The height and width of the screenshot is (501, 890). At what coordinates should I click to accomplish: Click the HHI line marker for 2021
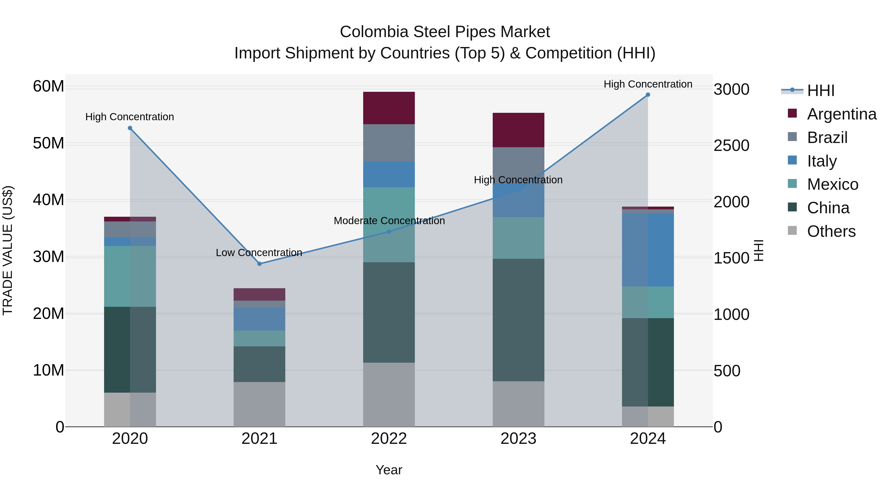[x=260, y=264]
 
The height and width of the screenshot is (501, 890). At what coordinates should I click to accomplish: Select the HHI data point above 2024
[x=648, y=95]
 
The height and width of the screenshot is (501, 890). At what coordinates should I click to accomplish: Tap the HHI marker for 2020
[x=130, y=128]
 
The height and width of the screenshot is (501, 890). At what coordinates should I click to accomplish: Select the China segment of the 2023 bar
[x=518, y=320]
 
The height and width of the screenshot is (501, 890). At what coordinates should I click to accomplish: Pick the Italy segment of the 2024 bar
[x=648, y=250]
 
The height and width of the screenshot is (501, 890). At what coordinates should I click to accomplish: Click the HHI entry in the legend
[x=820, y=91]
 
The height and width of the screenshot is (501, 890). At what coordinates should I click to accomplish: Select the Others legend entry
[x=831, y=231]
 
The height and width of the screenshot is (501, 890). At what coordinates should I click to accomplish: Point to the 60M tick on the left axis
[x=48, y=86]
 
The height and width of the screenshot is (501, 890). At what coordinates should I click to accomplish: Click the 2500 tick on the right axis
[x=732, y=145]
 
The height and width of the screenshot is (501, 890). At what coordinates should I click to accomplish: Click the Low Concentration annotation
[x=259, y=253]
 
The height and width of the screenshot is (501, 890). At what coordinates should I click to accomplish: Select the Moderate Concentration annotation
[x=389, y=221]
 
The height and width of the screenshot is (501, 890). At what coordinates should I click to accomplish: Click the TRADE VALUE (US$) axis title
[x=8, y=250]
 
